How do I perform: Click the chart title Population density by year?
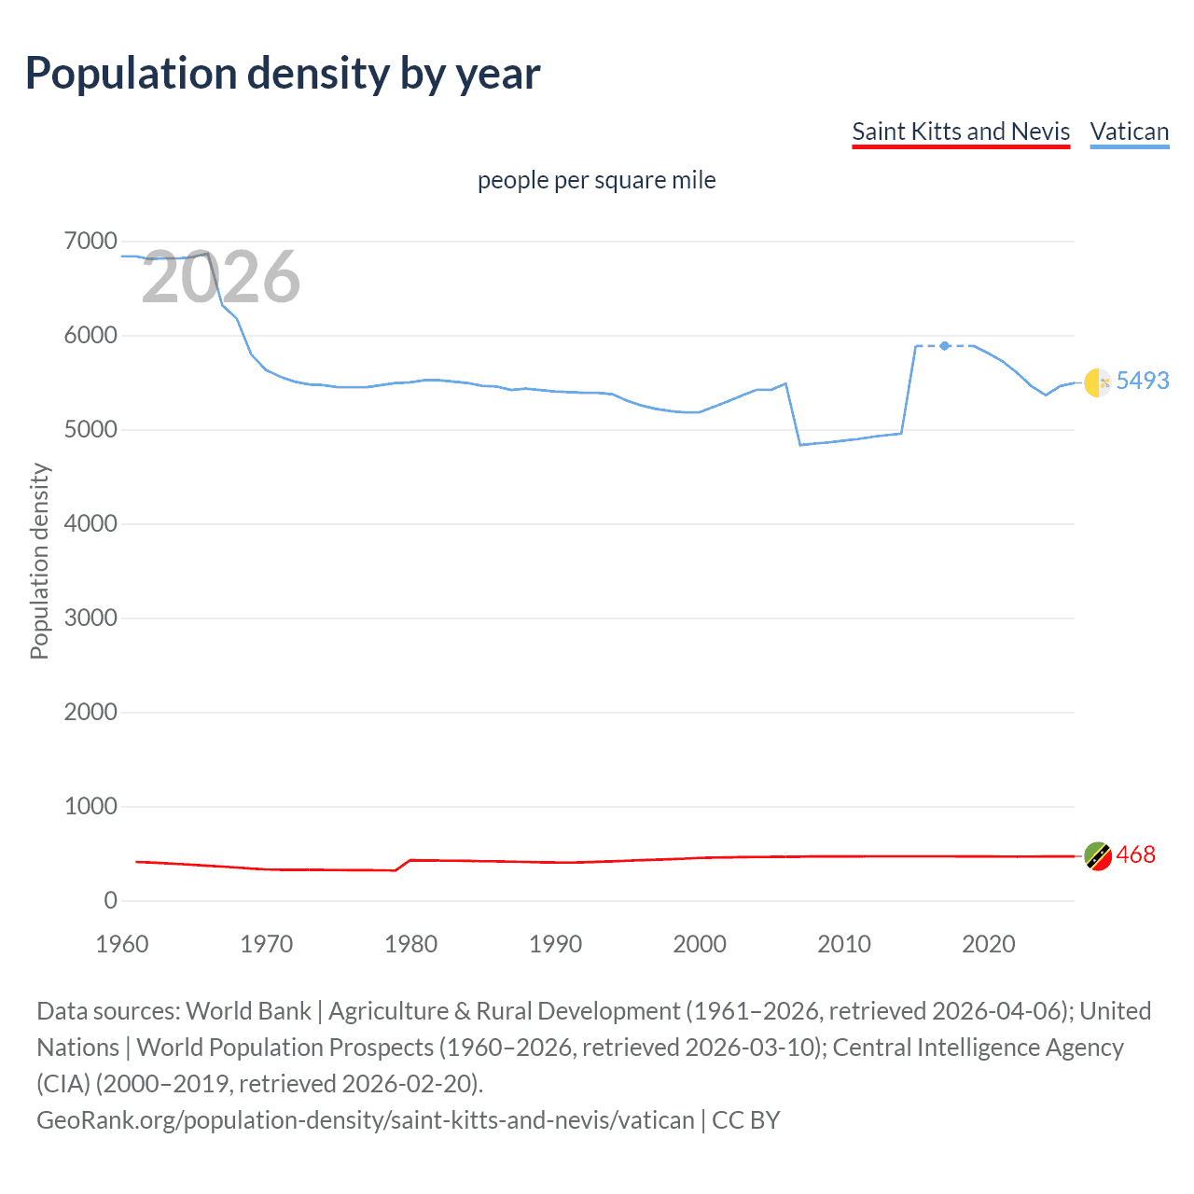(283, 74)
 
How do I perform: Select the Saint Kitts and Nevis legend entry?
(961, 132)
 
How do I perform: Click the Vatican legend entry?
(1130, 132)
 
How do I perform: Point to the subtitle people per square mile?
(597, 180)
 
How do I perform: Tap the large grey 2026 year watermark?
(221, 277)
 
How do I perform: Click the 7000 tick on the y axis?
(90, 242)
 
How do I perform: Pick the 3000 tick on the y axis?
(90, 618)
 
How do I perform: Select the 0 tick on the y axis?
(111, 900)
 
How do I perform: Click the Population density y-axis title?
(39, 562)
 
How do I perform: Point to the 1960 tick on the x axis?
(122, 944)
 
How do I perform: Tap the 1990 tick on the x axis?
(555, 944)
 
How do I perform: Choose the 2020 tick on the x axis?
(989, 944)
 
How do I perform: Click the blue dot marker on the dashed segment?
(945, 346)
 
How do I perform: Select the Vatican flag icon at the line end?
(1098, 382)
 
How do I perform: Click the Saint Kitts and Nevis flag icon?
(1098, 855)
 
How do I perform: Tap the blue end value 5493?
(1143, 381)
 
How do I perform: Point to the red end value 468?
(1135, 854)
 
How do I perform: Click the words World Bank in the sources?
(248, 1011)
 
